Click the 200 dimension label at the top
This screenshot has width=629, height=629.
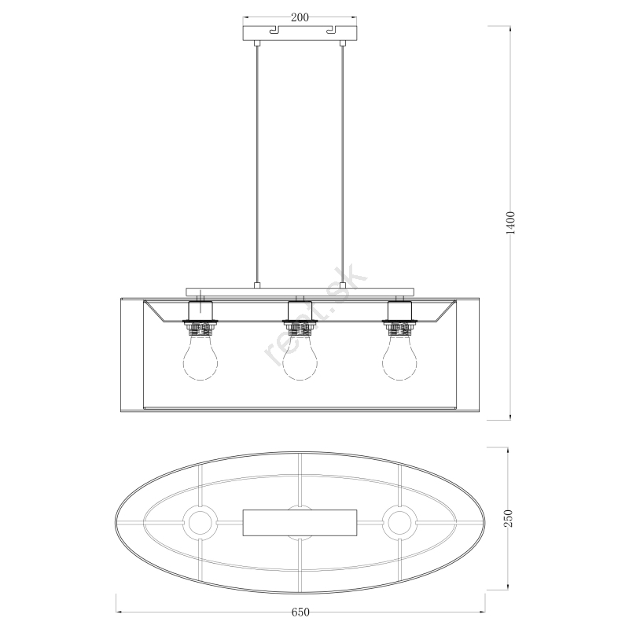click(300, 17)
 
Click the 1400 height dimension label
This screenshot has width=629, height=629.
click(510, 223)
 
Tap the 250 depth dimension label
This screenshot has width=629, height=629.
click(508, 518)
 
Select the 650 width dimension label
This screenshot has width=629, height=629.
click(300, 612)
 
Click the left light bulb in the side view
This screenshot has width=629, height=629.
click(200, 357)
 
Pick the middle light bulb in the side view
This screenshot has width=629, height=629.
click(300, 357)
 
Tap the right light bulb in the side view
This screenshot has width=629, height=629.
click(399, 357)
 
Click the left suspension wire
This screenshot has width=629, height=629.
click(257, 164)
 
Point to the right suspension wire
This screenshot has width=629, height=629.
click(342, 164)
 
